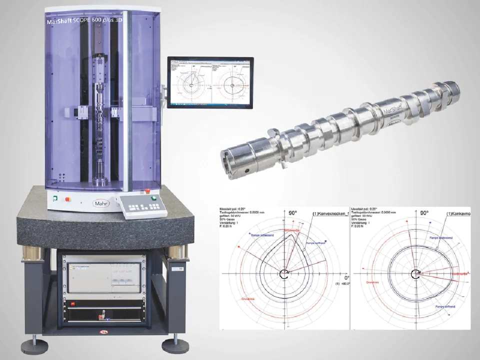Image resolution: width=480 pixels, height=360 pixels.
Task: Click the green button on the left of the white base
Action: point(55,198)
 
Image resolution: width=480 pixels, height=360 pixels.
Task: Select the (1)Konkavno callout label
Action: point(460,214)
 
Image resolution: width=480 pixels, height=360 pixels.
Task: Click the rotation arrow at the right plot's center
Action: point(415,273)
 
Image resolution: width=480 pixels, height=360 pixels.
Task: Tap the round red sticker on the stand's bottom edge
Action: point(102,331)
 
